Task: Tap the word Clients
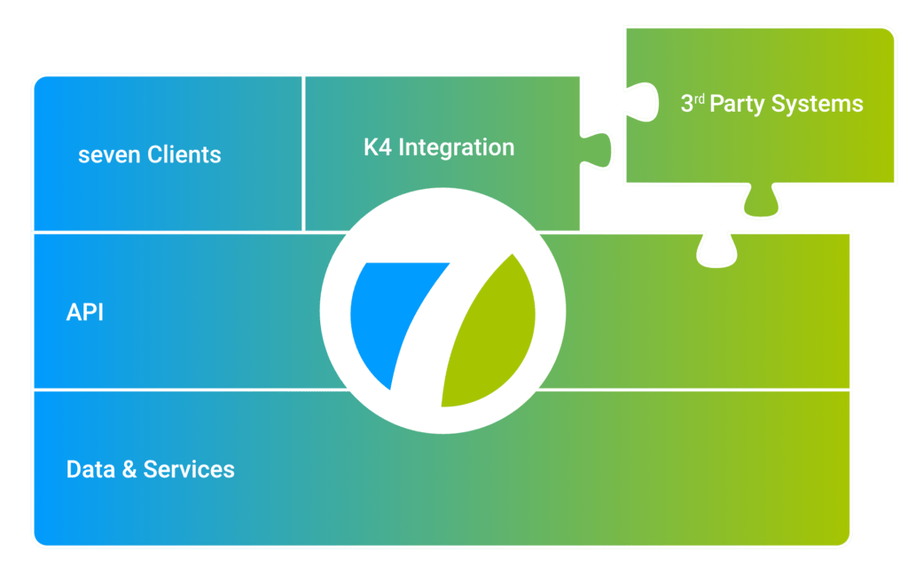[x=184, y=154]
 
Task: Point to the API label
[x=85, y=312]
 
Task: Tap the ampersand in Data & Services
[x=129, y=469]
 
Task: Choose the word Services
[x=189, y=469]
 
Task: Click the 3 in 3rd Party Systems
[x=686, y=105]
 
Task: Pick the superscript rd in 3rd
[x=699, y=98]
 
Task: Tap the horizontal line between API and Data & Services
[x=177, y=389]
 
